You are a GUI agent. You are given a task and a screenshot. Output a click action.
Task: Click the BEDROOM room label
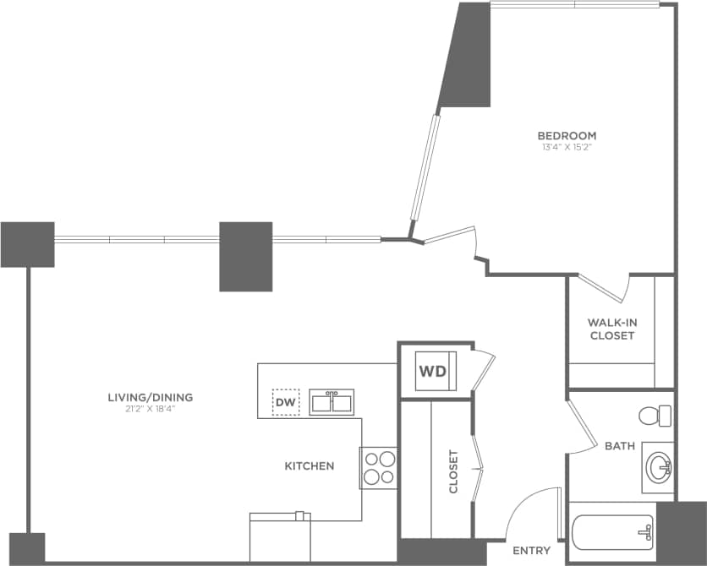pos(567,135)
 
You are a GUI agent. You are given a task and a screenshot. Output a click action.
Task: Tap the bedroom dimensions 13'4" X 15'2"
pos(567,147)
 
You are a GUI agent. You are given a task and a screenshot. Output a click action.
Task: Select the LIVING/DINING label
pos(151,397)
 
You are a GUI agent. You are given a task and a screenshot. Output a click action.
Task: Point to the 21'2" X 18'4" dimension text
pos(151,409)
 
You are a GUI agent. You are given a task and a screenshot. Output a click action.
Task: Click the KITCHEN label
pos(309,465)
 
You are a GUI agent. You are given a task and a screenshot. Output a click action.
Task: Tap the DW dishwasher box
pos(286,402)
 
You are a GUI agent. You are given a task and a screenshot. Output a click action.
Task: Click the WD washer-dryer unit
pos(435,371)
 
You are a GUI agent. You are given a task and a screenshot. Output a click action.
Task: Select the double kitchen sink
pos(332,402)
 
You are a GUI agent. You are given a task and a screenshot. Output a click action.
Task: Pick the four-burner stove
pos(379,467)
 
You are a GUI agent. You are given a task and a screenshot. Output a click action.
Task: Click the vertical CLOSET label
pos(453,471)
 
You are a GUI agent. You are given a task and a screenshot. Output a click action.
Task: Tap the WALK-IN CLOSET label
pos(611,329)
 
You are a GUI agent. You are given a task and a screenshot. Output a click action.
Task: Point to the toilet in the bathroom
pos(655,416)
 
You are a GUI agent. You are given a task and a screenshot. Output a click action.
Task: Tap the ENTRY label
pos(531,551)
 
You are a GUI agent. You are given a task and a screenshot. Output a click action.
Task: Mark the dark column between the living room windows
pos(245,256)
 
